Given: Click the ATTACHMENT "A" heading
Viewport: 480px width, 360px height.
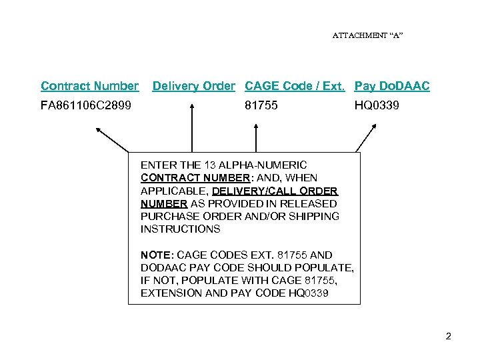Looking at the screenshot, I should click(367, 35).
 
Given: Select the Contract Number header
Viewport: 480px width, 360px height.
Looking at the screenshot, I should click(89, 86).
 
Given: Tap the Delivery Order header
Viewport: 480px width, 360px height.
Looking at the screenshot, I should click(193, 86).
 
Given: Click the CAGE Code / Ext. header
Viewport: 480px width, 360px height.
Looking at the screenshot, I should click(295, 86).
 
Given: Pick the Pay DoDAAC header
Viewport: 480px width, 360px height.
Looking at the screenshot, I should click(392, 86).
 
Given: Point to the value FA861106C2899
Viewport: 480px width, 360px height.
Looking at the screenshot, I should click(86, 105).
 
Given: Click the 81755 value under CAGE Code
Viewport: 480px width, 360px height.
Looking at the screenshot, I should click(261, 105).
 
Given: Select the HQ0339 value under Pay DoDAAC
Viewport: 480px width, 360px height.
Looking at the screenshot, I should click(377, 105).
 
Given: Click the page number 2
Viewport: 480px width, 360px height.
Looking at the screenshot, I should click(448, 336).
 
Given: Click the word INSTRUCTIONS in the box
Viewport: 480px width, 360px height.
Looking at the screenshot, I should click(180, 229).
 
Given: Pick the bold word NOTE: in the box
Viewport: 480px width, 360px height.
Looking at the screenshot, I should click(155, 255).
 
